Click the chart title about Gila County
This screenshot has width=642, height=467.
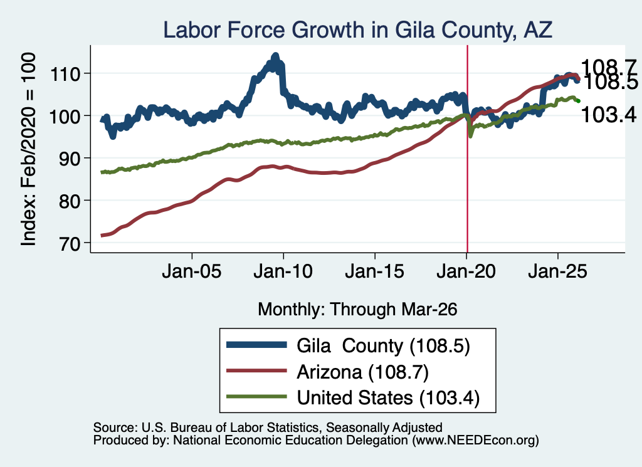[x=357, y=30]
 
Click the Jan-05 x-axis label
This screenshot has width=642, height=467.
[x=192, y=271]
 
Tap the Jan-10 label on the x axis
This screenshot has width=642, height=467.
[x=283, y=271]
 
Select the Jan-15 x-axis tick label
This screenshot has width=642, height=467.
[x=375, y=271]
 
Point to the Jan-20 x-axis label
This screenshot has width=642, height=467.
[x=466, y=271]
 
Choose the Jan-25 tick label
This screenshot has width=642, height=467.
[x=557, y=271]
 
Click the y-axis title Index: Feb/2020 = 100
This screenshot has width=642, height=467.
[x=28, y=149]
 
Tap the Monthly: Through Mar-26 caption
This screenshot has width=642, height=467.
[x=357, y=310]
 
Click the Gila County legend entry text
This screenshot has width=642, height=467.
[x=383, y=346]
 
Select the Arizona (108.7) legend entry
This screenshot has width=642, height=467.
[x=363, y=372]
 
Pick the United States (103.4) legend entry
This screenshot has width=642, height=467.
[x=388, y=398]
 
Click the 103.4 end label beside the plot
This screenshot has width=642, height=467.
[x=609, y=115]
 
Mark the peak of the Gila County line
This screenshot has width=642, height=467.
[x=276, y=55]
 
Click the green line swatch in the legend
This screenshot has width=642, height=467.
[x=256, y=397]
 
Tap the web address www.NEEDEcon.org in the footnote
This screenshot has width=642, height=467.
[x=475, y=441]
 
